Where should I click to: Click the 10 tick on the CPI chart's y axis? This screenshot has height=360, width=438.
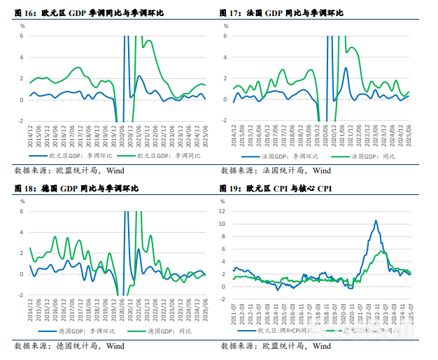point(222,224)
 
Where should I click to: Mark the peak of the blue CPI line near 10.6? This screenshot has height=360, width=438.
point(376,221)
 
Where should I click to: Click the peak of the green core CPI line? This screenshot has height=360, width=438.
point(382,251)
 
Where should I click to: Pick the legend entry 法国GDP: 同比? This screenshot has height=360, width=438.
point(365,156)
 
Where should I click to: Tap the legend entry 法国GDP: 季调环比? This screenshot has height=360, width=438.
point(283,156)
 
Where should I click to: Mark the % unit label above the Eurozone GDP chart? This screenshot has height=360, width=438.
point(22,26)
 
